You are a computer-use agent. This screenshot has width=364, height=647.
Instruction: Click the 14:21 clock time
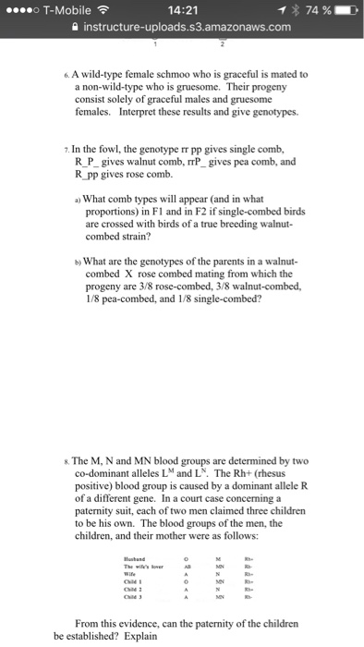click(x=180, y=10)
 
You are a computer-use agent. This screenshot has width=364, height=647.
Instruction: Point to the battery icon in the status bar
click(x=348, y=10)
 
